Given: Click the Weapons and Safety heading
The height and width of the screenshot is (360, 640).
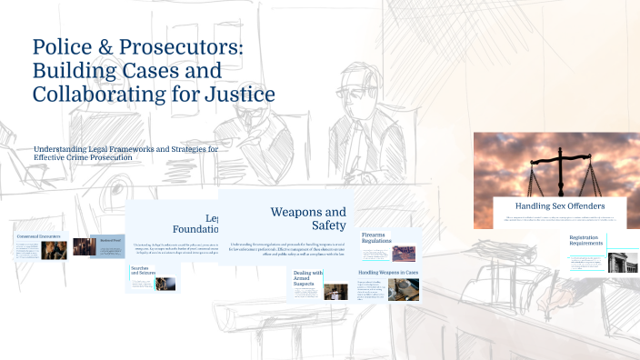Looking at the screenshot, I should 308,218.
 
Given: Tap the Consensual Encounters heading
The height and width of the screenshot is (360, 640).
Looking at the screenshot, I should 39,236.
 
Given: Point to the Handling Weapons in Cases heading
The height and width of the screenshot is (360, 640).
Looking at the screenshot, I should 387,272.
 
